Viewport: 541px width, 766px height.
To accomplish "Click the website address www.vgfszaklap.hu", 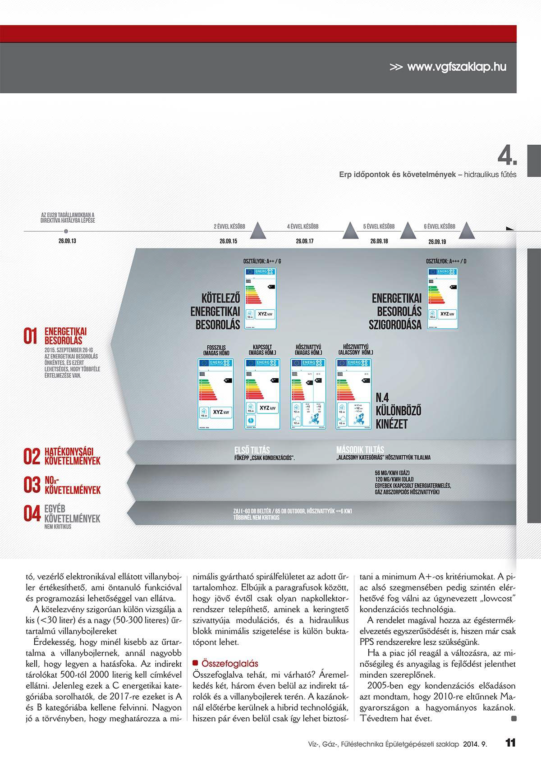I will pos(456,67).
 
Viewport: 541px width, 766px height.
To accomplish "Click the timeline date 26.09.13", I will pos(67,241).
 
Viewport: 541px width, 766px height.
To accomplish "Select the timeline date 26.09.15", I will pos(228,242).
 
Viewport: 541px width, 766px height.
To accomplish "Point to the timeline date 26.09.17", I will pos(305,242).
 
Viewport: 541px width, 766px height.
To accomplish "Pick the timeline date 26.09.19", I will pos(437,242).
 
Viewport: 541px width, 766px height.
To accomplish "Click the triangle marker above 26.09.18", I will pos(407,230).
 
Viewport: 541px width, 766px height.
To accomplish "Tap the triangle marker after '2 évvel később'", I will pos(258,230).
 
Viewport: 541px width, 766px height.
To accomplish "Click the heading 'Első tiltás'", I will pos(252,450).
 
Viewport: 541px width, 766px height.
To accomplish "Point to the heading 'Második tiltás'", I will pos(360,450).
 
